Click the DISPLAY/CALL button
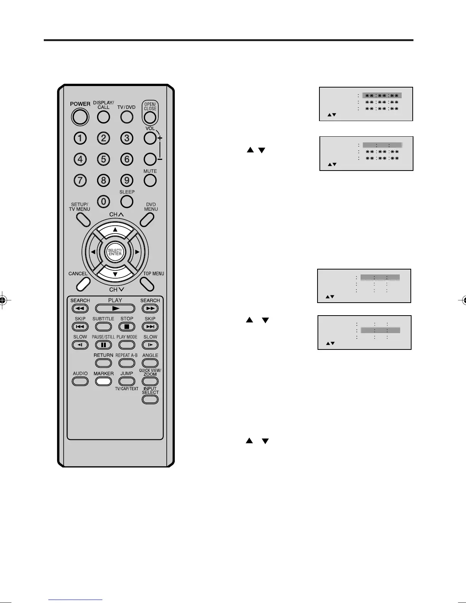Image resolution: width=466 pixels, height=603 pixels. [x=103, y=117]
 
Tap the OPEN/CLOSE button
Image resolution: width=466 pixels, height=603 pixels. [x=150, y=113]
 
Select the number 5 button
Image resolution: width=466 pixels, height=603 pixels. [x=103, y=159]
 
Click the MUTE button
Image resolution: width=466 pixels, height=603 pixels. [x=150, y=180]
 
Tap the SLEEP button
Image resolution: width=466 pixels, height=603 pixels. [x=127, y=201]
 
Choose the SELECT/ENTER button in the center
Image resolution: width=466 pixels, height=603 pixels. [x=115, y=252]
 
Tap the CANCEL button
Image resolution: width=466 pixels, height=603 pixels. [x=83, y=284]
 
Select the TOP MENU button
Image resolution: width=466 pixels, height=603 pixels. [x=147, y=284]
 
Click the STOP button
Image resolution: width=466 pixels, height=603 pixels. [x=127, y=327]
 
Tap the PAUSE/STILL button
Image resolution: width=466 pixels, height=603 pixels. [x=103, y=345]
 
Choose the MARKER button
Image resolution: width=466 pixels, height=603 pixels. [x=103, y=381]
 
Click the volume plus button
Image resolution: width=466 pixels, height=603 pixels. [x=150, y=138]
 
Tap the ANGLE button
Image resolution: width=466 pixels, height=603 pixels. [x=150, y=363]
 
